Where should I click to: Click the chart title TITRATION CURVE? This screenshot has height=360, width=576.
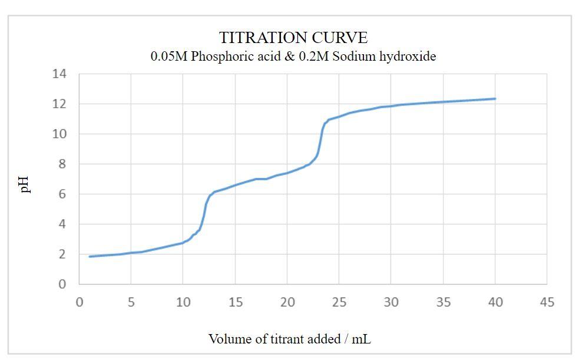coord(293,38)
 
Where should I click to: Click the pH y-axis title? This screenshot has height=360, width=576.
coord(25,183)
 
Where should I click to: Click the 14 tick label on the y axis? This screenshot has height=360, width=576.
coord(59,74)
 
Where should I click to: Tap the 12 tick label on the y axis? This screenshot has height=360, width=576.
coord(59,104)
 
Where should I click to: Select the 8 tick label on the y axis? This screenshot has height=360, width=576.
coord(63,164)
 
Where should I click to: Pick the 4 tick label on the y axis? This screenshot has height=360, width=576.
coord(63,224)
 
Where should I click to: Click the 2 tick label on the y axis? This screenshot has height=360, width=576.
coord(63,254)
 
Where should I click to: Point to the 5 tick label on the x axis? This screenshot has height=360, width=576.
coord(131,302)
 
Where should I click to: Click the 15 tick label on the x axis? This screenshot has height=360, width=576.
coord(235,302)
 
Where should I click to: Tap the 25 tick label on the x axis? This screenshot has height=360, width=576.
coord(339,302)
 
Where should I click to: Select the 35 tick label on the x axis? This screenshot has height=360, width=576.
coord(443,302)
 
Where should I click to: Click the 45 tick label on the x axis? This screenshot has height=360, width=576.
coord(547,302)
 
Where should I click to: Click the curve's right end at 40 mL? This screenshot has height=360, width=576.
coord(495,99)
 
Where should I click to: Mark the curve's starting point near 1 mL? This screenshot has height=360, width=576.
coord(90,256)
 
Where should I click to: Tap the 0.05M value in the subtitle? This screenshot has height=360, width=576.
coord(168,57)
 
